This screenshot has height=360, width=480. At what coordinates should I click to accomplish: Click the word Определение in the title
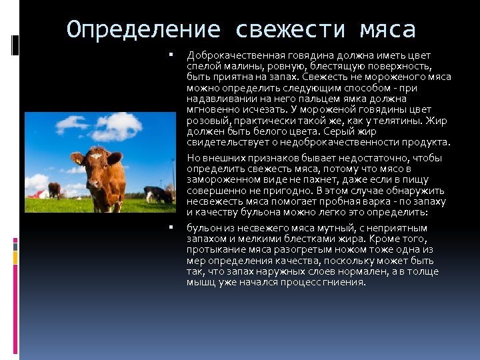coord(143,29)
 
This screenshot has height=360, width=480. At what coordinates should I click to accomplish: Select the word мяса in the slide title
coord(387,29)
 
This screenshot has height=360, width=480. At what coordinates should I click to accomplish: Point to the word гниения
coord(345,281)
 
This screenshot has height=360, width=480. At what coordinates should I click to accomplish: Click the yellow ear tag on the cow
coord(79,161)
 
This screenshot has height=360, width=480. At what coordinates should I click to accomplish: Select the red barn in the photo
coord(38,194)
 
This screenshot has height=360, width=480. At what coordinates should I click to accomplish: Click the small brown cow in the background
coord(54,190)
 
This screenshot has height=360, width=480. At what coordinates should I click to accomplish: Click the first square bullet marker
coord(171,55)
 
